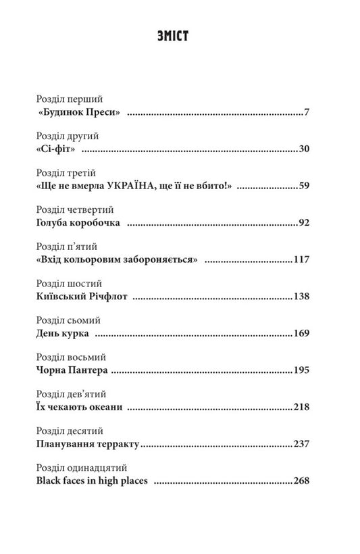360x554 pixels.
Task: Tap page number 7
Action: [x=306, y=111]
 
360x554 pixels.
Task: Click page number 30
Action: [x=303, y=149]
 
